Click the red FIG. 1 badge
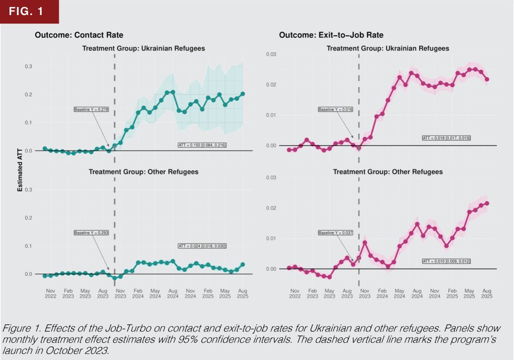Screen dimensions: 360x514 pos(30,12)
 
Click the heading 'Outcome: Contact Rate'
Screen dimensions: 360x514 pos(79,35)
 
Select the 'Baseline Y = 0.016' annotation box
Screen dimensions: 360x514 pos(333,109)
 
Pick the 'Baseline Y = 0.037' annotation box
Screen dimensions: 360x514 pos(333,232)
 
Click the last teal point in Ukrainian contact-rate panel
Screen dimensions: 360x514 pos(242,94)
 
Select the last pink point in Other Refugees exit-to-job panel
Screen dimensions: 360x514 pos(487,203)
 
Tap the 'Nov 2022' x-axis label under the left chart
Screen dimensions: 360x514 pos(50,293)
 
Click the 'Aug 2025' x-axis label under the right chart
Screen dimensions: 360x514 pos(487,293)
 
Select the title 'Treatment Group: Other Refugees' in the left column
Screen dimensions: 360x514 pos(144,172)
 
